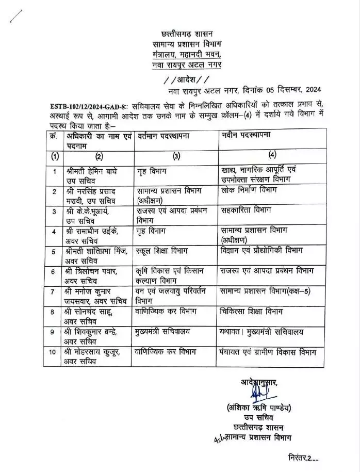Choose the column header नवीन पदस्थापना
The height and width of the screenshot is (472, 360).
[x=247, y=135]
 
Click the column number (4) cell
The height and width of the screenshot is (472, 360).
[x=272, y=154]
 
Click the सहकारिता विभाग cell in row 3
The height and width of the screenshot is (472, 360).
[x=244, y=210]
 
